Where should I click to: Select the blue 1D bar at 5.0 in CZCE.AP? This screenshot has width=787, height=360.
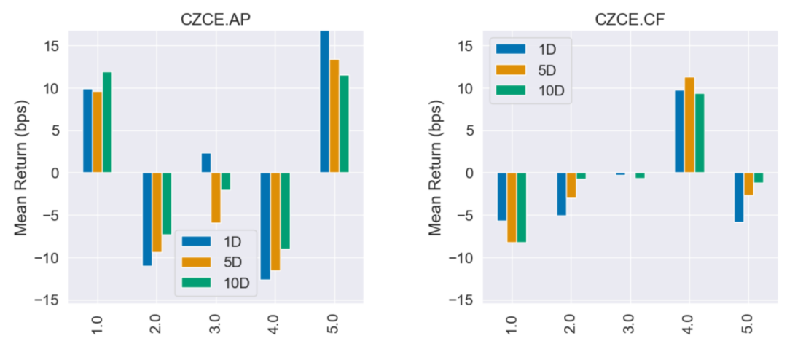point(325,101)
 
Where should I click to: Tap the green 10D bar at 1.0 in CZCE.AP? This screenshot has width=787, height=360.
point(107,122)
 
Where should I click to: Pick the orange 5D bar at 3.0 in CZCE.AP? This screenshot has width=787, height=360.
point(216,197)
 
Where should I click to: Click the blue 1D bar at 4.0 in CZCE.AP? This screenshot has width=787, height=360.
point(265,226)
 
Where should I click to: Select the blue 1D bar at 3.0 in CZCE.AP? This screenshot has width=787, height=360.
point(206,163)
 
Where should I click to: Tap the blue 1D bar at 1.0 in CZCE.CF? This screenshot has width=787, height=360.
point(501,197)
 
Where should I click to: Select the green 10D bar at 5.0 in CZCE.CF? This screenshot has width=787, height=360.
point(759,178)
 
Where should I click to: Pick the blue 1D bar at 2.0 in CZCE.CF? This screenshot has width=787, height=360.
point(561,194)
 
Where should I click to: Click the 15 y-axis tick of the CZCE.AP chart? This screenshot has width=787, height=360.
point(53,46)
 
